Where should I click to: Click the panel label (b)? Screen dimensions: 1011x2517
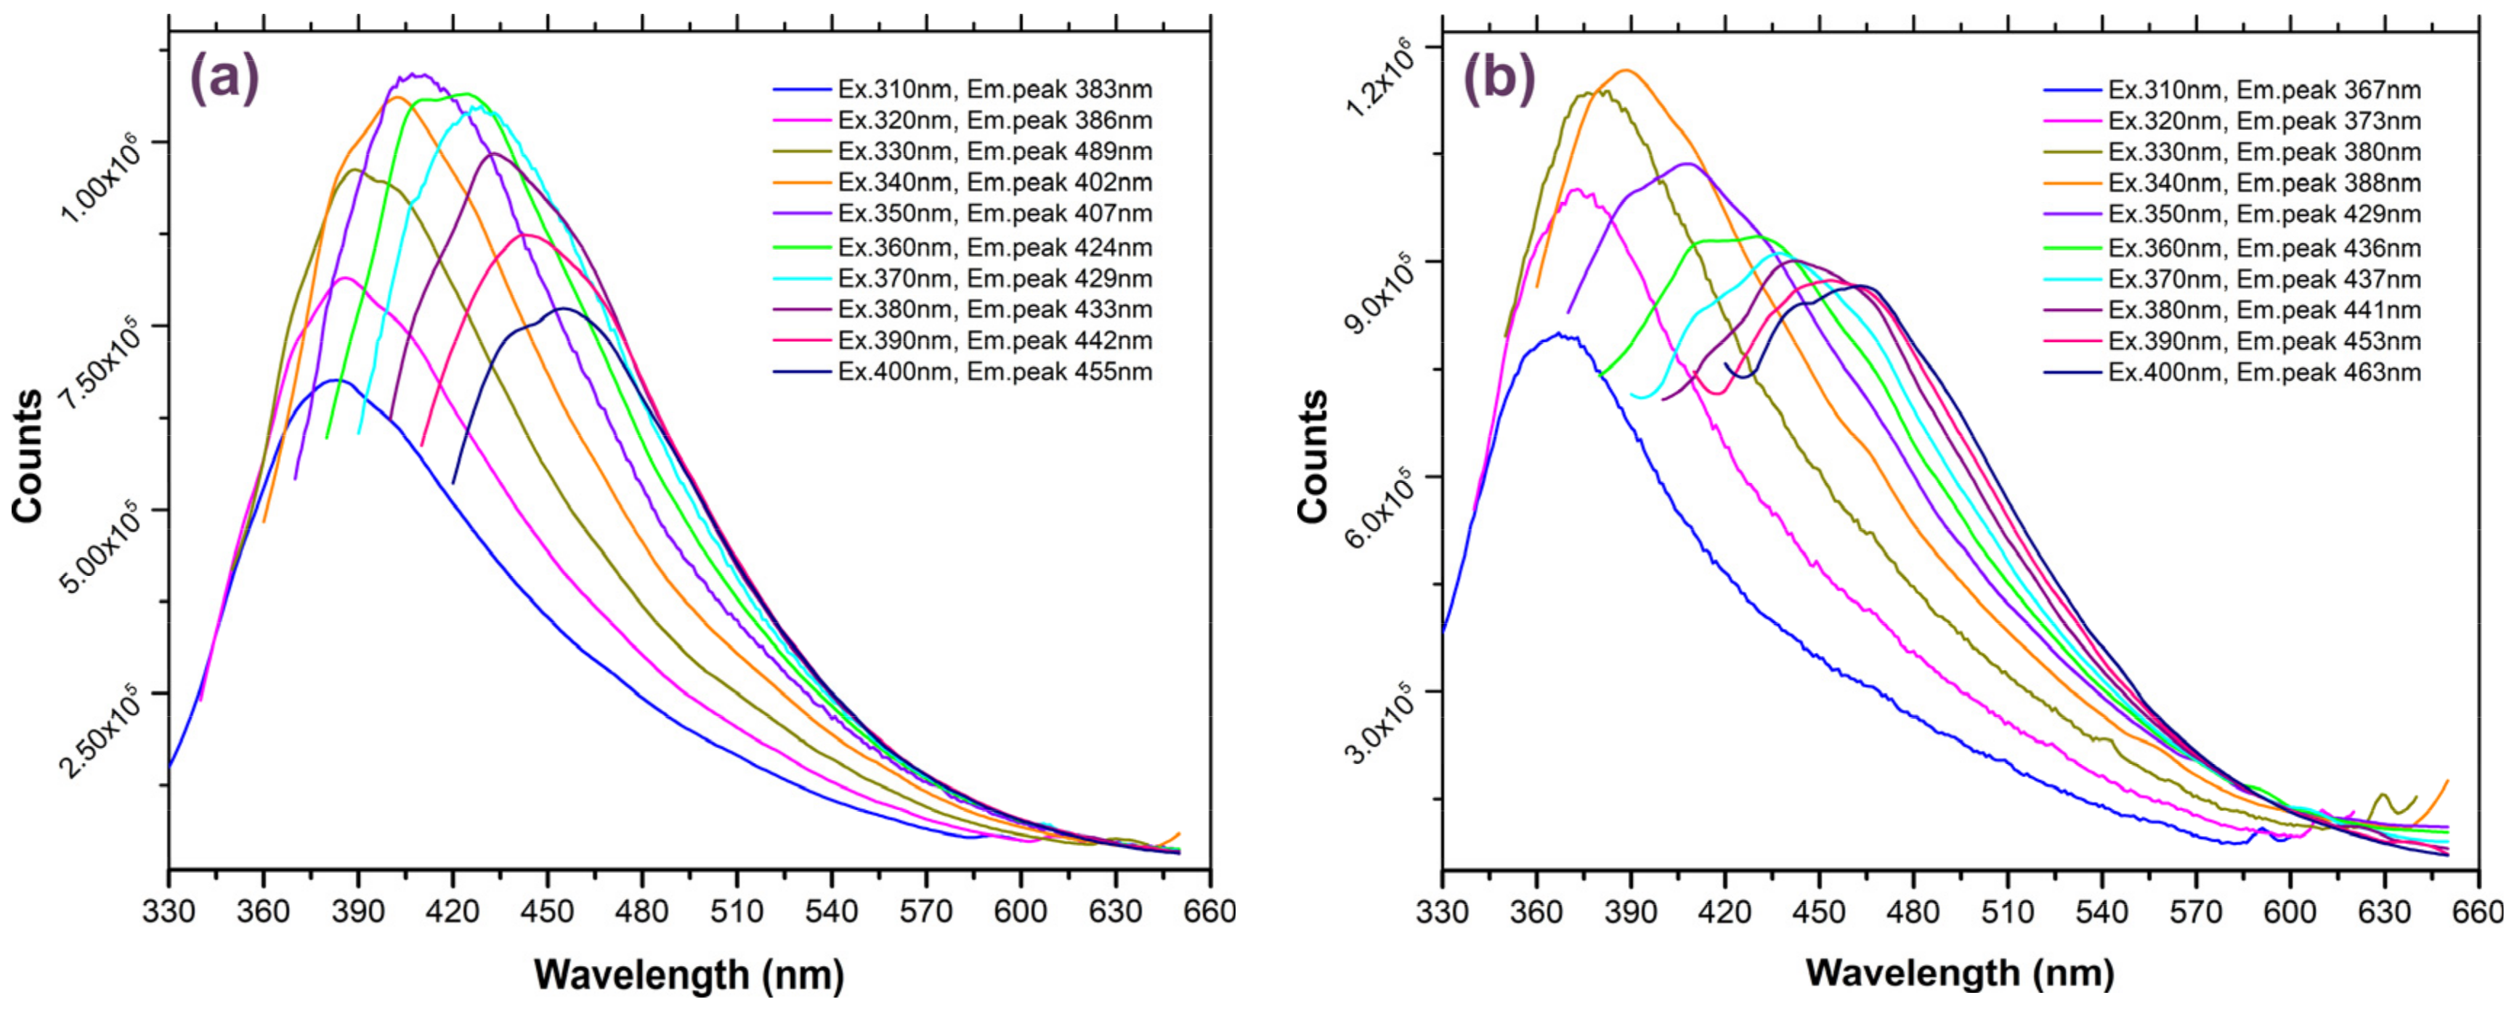coord(1497,78)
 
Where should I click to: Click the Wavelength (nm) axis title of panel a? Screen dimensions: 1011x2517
coord(689,974)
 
